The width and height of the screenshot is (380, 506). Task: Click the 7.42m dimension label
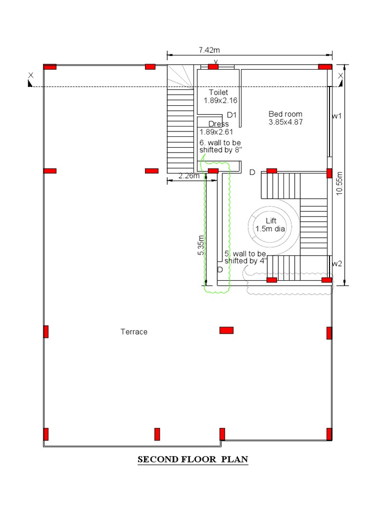(209, 49)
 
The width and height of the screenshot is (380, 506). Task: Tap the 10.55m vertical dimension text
(339, 183)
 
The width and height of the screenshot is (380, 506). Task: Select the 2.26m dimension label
(189, 175)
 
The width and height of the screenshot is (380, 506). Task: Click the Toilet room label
(218, 92)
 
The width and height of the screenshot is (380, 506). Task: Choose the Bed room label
(285, 114)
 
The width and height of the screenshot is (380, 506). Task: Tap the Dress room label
(218, 124)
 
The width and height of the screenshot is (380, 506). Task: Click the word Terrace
(134, 332)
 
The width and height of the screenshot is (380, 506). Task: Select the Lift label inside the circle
(271, 221)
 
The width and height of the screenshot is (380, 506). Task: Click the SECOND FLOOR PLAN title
(192, 460)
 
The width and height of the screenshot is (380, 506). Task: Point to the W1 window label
(337, 116)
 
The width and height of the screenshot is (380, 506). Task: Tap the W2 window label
(337, 263)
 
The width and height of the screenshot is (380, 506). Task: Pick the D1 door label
(232, 115)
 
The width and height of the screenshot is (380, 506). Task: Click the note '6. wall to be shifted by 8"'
(221, 146)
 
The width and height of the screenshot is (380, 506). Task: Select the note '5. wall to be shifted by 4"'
(245, 257)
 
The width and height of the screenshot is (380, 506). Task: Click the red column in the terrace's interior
(227, 330)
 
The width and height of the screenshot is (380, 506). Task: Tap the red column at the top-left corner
(50, 67)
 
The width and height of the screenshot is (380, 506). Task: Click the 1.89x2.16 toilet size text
(221, 100)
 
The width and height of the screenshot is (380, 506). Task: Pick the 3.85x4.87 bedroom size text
(285, 122)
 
